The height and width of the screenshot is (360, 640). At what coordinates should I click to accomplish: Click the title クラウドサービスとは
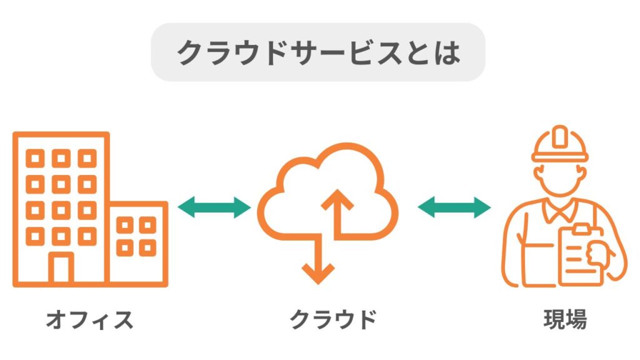[x=318, y=52]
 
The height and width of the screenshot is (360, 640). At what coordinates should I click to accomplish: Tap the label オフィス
[x=90, y=320]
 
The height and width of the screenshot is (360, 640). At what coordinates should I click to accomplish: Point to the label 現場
[x=564, y=320]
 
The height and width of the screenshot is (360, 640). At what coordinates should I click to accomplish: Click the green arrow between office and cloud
[x=214, y=207]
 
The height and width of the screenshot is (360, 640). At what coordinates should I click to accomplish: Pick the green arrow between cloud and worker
[x=454, y=207]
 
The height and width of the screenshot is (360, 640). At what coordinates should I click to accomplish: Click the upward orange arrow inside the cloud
[x=338, y=209]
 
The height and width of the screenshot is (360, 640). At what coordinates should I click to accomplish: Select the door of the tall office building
[x=61, y=269]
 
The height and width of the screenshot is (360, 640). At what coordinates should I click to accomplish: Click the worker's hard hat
[x=560, y=145]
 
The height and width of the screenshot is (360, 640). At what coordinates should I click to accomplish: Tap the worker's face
[x=560, y=181]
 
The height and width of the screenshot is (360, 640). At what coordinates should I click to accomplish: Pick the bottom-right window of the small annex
[x=147, y=248]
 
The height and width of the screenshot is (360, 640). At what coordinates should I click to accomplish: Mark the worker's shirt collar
[x=560, y=211]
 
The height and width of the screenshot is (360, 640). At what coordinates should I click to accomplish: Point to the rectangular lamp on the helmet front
[x=560, y=136]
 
